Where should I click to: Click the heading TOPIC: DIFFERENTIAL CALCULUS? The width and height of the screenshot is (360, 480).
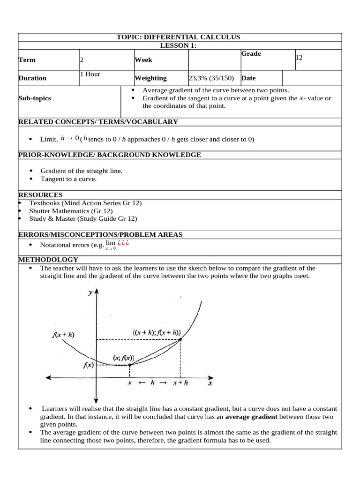point(178,37)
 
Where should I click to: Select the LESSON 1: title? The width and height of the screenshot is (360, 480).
point(178,45)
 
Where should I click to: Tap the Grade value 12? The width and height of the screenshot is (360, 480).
point(299,57)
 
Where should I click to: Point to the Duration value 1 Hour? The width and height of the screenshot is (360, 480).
point(90,74)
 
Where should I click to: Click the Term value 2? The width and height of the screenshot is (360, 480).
point(82,60)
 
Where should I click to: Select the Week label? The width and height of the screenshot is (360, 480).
point(143,60)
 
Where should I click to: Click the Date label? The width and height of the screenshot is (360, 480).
point(248,78)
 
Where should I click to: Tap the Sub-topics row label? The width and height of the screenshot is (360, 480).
point(34,98)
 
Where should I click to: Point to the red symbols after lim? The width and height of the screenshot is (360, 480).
point(123,243)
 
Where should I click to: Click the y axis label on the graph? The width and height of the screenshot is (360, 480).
point(90,292)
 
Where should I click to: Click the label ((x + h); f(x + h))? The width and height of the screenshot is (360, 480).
point(157,332)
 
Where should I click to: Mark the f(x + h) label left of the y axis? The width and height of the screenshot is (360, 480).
point(64,335)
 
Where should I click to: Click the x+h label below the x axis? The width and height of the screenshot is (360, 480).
point(180,383)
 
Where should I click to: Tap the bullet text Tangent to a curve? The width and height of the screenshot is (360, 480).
point(68,179)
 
